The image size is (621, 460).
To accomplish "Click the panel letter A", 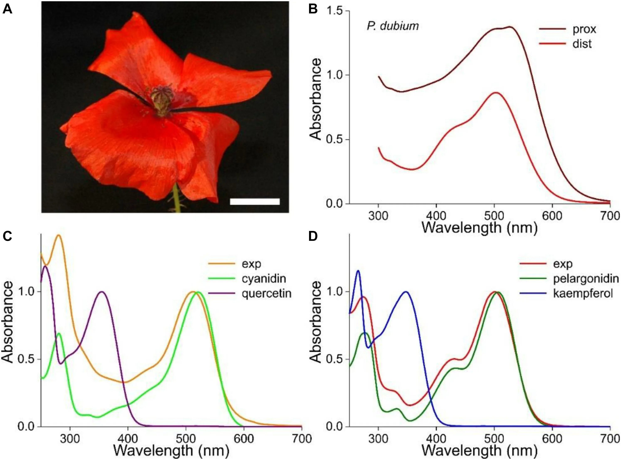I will pos(7,10).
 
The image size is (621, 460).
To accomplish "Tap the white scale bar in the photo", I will pos(255,201).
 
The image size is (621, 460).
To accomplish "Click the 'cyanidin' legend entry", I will pos(263,279).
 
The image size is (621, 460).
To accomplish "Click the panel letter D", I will pos(313,236).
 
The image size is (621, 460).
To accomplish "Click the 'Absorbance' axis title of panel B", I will pos(315,99).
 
